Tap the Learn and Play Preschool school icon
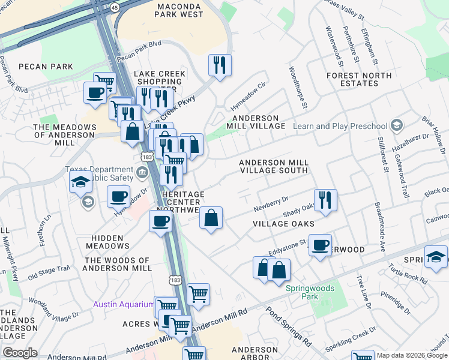[x=396, y=125]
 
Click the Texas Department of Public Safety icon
[x=142, y=173]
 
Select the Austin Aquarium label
[x=123, y=304]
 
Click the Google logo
[x=20, y=352]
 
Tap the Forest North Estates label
[x=359, y=79]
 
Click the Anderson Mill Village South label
[x=274, y=166]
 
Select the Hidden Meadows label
[x=108, y=241]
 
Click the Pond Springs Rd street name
[x=290, y=327]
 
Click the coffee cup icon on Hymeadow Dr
[x=118, y=196]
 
